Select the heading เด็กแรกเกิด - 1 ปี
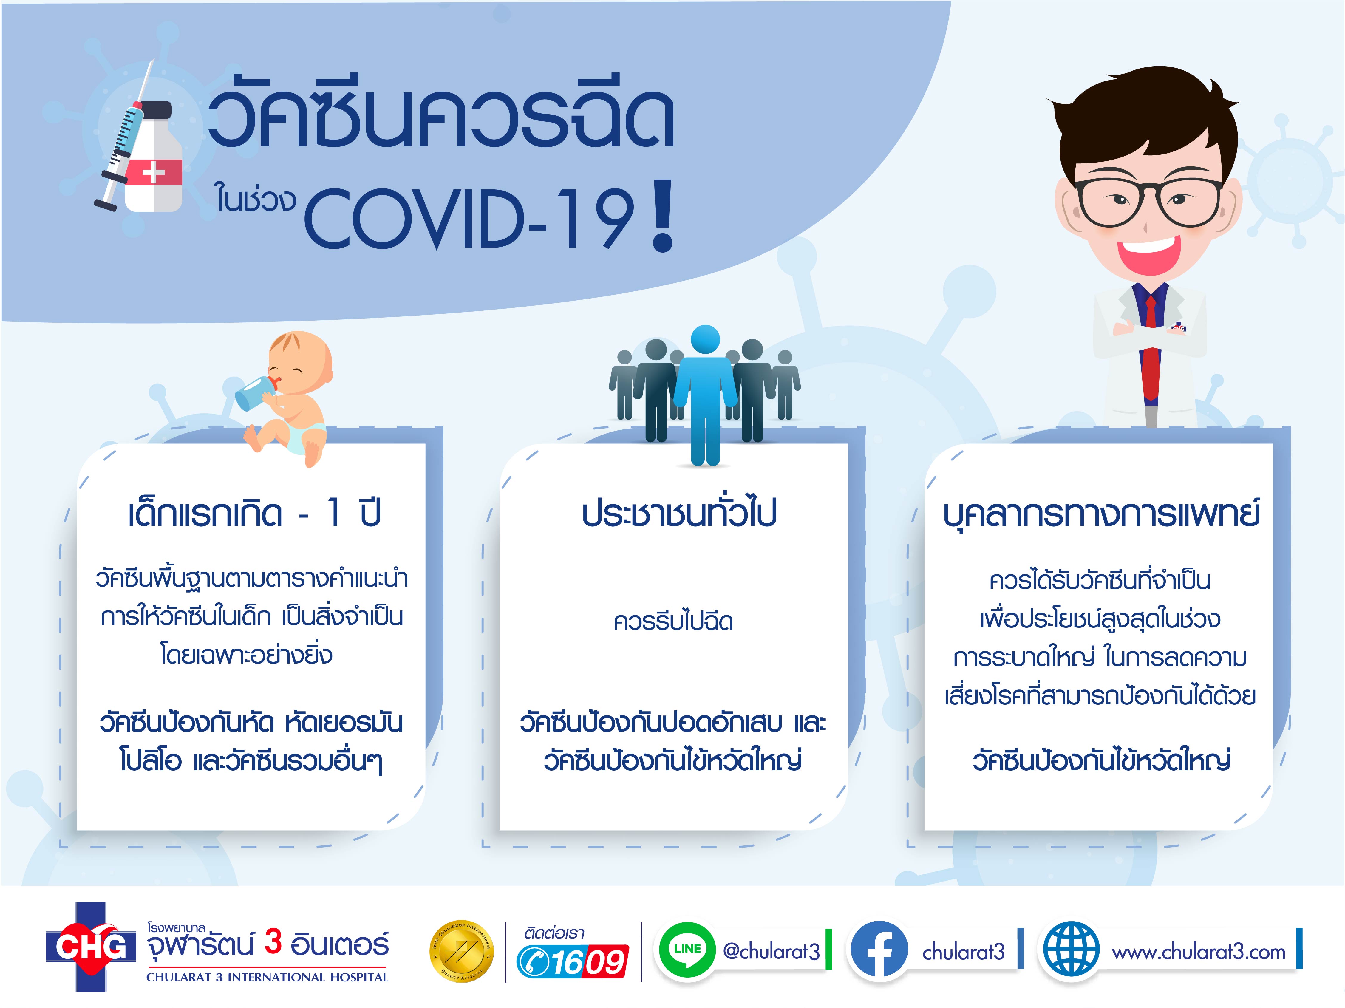(x=254, y=514)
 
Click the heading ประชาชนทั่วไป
(x=679, y=514)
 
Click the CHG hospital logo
(x=91, y=947)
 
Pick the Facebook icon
(x=879, y=950)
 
